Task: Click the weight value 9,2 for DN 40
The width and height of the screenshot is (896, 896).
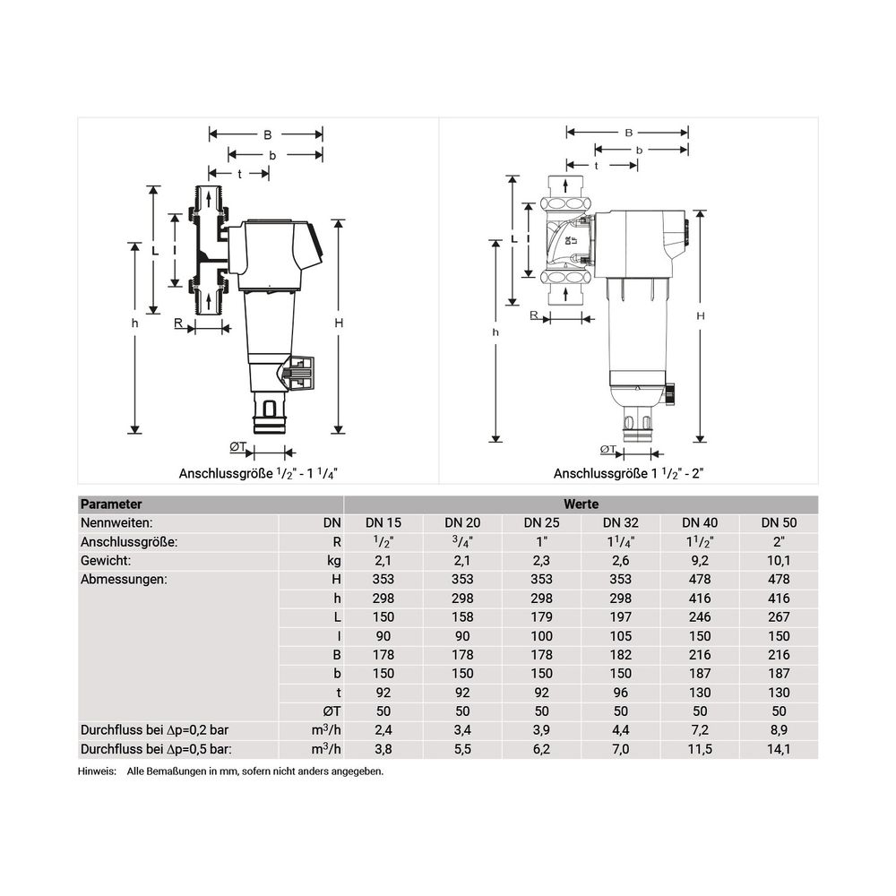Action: (700, 561)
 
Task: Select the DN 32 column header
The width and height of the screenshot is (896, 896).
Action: (621, 523)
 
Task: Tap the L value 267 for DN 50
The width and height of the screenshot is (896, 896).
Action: (779, 617)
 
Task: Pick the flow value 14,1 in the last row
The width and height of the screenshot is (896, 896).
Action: (779, 749)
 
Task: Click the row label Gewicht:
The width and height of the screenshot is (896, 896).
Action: (106, 561)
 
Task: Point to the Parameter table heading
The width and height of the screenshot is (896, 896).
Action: (111, 504)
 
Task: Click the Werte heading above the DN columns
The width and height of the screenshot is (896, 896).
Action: (582, 504)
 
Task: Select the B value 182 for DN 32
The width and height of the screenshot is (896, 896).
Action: (621, 655)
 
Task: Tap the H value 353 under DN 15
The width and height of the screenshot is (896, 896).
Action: (383, 580)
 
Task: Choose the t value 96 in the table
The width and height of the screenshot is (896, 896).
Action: (621, 693)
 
